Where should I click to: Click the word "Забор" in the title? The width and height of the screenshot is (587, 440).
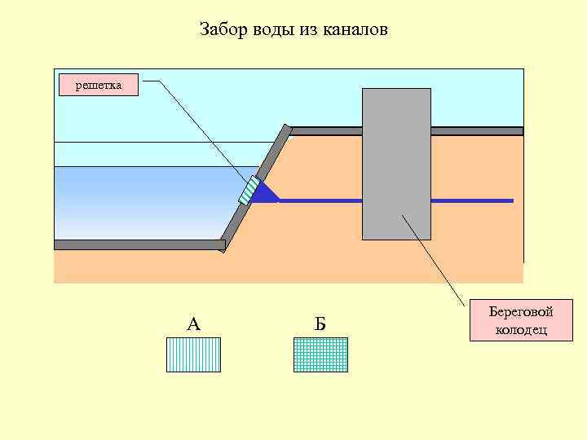point(223,31)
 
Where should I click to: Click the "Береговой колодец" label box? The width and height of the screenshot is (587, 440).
point(522,320)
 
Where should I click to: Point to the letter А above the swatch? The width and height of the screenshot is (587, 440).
point(193,324)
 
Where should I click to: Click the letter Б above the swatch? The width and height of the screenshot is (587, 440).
point(320,324)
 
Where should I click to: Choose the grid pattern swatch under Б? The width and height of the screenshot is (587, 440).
point(320,354)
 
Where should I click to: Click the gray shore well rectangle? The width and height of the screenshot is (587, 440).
point(396,163)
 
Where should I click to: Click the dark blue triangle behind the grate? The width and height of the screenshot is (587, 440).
point(264,194)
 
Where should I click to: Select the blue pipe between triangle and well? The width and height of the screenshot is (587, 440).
point(320,200)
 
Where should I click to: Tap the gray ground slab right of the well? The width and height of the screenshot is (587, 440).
point(476,130)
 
